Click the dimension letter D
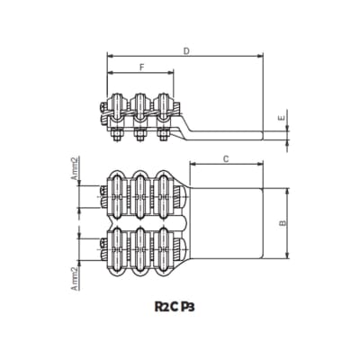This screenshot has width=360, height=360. click(x=185, y=51)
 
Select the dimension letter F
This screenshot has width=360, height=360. click(x=141, y=68)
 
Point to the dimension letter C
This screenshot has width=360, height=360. click(x=225, y=159)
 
